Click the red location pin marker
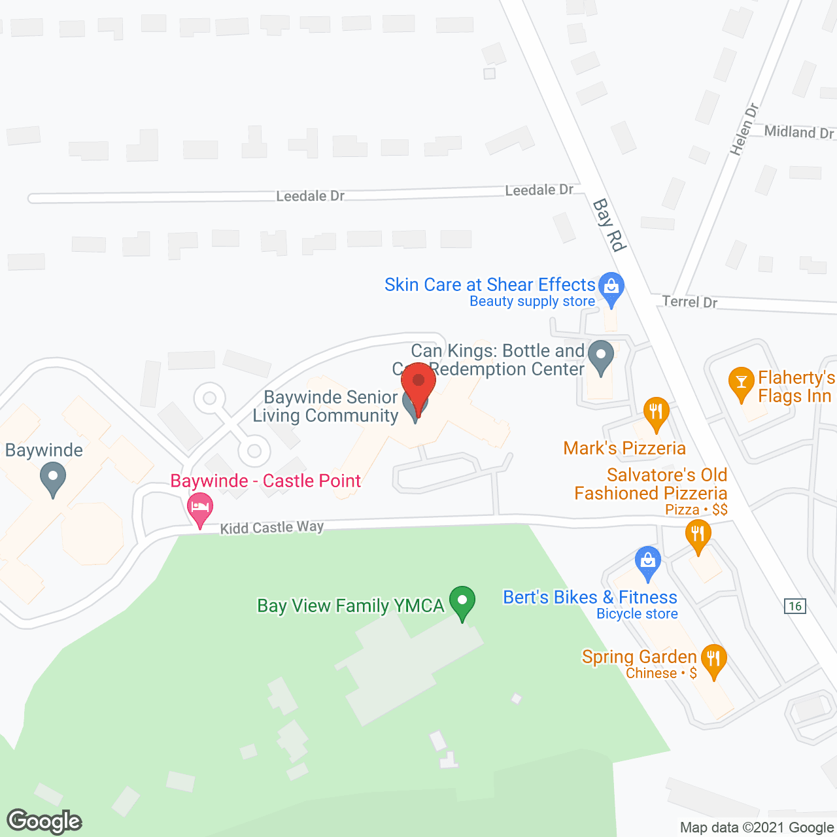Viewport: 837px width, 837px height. (418, 386)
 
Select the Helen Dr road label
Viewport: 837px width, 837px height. (744, 129)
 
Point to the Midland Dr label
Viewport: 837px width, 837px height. (798, 132)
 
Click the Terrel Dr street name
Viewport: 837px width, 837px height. (689, 301)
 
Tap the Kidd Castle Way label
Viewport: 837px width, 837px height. (271, 527)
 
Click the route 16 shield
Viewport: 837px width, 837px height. (795, 606)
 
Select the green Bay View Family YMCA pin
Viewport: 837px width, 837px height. (463, 602)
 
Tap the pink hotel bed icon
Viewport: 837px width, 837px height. (200, 508)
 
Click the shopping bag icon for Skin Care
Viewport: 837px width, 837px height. (611, 286)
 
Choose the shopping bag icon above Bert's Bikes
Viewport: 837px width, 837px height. (648, 562)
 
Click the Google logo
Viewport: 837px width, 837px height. (44, 821)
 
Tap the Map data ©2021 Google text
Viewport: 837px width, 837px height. (757, 828)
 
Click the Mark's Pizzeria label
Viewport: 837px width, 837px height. (624, 448)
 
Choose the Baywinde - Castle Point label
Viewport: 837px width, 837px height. (265, 481)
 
